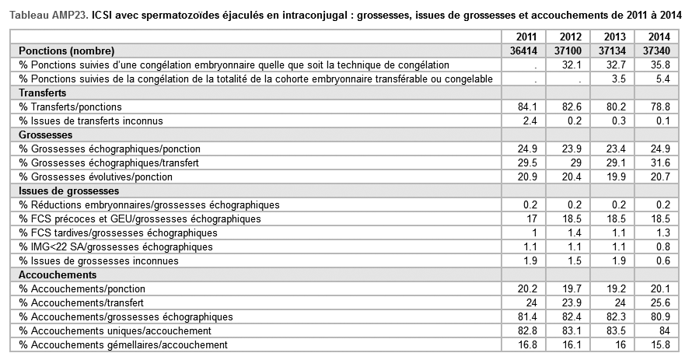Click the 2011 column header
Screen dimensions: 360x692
526,37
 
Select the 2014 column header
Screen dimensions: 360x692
657,37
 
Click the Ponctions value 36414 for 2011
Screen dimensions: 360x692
522,51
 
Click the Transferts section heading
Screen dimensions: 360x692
44,93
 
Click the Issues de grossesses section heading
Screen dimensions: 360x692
69,190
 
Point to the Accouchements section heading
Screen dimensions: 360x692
58,274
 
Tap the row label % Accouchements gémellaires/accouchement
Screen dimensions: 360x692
124,344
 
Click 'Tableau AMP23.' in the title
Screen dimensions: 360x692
46,13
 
